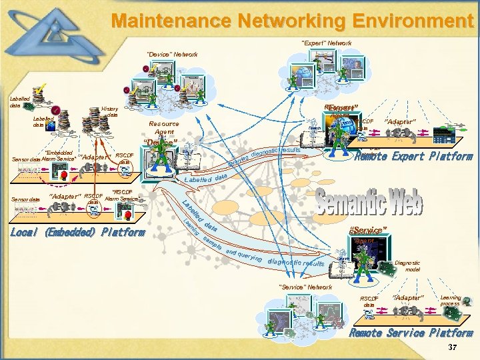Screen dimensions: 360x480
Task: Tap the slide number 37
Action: click(453, 348)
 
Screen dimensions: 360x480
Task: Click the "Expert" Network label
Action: click(327, 43)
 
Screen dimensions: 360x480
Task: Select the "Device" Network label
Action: click(172, 54)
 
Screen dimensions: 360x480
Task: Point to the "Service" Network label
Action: click(305, 287)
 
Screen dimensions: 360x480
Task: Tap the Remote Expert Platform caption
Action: click(413, 157)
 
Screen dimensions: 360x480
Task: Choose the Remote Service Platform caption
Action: click(411, 333)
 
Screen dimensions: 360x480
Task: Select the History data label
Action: click(110, 111)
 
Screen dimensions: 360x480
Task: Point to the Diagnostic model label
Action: click(407, 266)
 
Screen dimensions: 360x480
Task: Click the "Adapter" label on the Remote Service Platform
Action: click(407, 297)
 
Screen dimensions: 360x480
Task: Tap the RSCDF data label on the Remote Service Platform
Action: click(369, 301)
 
